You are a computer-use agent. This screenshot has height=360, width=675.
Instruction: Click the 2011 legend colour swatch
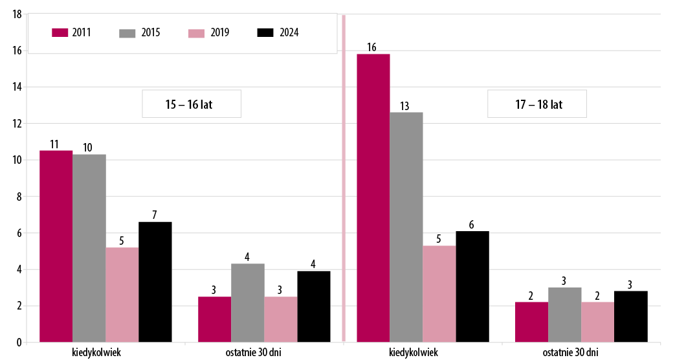[60, 32]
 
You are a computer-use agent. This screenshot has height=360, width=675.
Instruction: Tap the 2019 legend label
[219, 32]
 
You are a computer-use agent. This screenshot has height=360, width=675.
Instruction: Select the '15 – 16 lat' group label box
[192, 104]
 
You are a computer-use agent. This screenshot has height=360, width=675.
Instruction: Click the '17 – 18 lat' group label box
[537, 104]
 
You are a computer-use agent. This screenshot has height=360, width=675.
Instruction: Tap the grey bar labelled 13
[406, 227]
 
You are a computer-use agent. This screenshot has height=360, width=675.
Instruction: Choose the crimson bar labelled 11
[56, 246]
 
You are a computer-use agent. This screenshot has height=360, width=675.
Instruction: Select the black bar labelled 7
[155, 282]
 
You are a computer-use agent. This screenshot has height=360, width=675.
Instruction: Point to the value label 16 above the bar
[371, 47]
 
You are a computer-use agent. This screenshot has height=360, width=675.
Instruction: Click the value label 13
[405, 106]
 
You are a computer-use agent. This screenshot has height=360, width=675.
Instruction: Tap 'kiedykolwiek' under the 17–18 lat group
[414, 352]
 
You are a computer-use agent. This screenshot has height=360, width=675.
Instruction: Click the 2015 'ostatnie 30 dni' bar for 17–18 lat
[565, 315]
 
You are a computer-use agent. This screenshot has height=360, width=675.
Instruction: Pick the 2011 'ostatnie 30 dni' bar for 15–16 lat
[214, 319]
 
